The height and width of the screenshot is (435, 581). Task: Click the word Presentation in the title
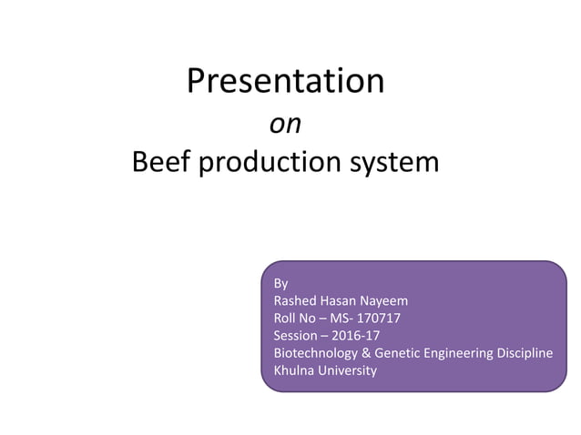click(x=285, y=81)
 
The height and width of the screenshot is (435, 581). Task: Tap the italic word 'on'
click(x=285, y=124)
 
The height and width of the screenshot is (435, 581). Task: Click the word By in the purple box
click(x=280, y=283)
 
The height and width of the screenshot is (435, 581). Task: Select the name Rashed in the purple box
click(x=295, y=300)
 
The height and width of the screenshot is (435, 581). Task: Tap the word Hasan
click(x=341, y=300)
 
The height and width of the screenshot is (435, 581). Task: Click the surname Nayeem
click(x=388, y=300)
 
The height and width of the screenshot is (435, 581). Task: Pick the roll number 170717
click(x=377, y=318)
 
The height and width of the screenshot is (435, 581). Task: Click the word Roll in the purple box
click(x=286, y=318)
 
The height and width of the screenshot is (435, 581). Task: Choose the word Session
click(x=297, y=336)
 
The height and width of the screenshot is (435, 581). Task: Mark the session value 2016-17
click(x=356, y=336)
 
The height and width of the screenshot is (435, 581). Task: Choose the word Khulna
click(x=294, y=370)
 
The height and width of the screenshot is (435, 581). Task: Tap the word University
click(x=347, y=370)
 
